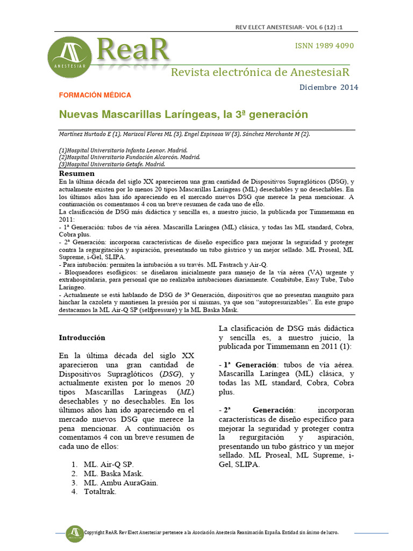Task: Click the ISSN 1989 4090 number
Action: (x=324, y=46)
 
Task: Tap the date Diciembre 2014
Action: (x=328, y=87)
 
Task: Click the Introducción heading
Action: (x=82, y=337)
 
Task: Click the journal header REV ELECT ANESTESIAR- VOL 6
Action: (x=289, y=27)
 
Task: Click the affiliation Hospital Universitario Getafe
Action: (x=112, y=165)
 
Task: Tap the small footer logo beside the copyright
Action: (x=75, y=532)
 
